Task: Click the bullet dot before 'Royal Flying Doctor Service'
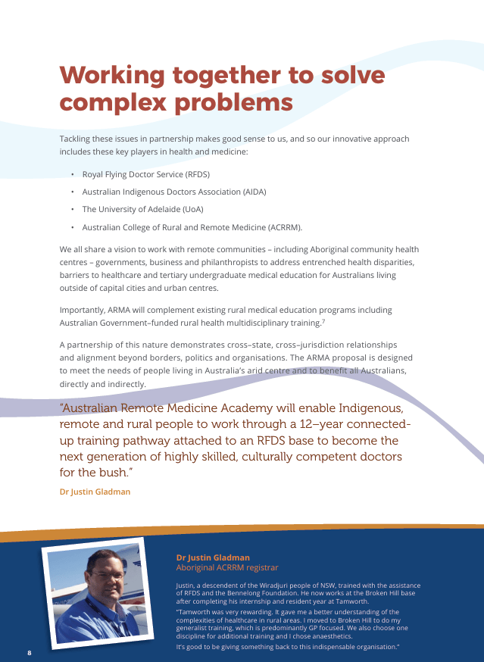(x=72, y=174)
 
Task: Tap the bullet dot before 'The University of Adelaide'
(x=72, y=210)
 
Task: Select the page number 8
(x=29, y=652)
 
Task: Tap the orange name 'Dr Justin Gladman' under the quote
(x=95, y=492)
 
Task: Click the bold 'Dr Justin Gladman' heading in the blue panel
(x=212, y=557)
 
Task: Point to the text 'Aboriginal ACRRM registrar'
(x=227, y=567)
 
